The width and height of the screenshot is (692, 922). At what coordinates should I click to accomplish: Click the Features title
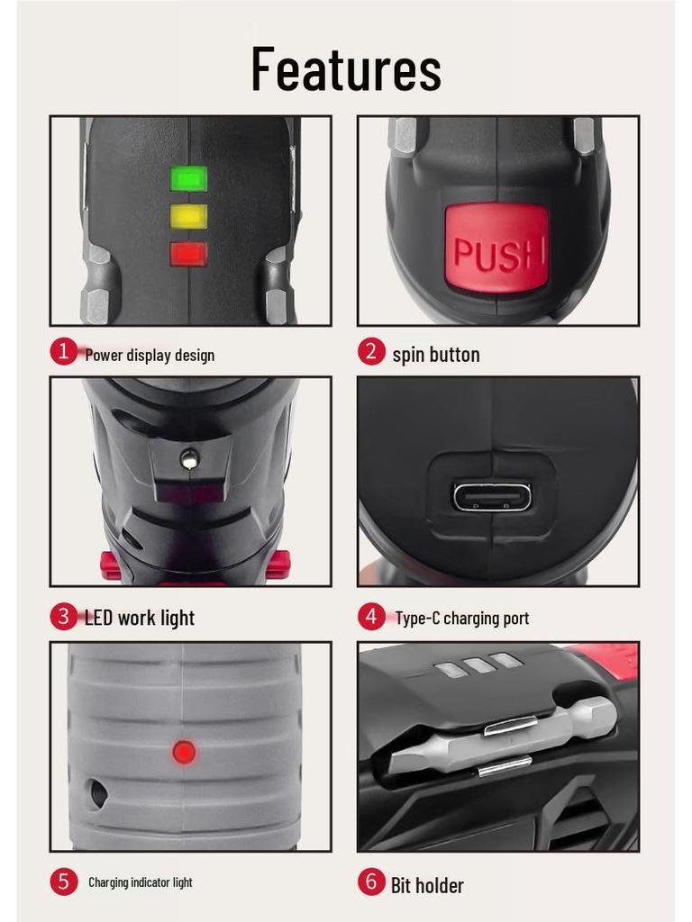coord(346,69)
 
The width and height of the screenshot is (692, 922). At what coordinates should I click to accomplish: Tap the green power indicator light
coord(189,178)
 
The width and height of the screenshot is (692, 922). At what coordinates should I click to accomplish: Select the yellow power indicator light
coord(189,216)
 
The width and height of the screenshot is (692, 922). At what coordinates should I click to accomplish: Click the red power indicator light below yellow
coord(189,254)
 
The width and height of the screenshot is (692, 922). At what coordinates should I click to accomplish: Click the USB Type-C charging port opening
coord(492,496)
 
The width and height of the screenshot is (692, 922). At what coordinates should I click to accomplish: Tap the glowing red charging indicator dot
coord(184,751)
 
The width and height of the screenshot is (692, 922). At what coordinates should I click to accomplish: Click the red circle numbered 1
coord(63,351)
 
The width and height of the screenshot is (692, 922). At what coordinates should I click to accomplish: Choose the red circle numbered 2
coord(371,351)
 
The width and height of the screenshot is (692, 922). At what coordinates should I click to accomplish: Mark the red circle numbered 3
coord(63,617)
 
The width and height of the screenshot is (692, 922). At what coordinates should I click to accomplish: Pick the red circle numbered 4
coord(371,617)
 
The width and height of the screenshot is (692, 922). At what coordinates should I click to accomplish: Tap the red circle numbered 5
coord(63,881)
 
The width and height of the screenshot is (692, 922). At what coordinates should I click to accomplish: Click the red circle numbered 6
coord(371,881)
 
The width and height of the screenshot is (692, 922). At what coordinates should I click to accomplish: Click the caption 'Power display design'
coord(150,355)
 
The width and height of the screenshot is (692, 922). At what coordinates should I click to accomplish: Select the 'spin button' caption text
coord(436,355)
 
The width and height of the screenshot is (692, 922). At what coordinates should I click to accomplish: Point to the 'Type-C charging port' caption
coord(461,619)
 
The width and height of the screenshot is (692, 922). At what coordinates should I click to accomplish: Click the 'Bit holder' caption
coord(427,885)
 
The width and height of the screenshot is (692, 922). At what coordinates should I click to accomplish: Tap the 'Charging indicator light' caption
coord(140,882)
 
